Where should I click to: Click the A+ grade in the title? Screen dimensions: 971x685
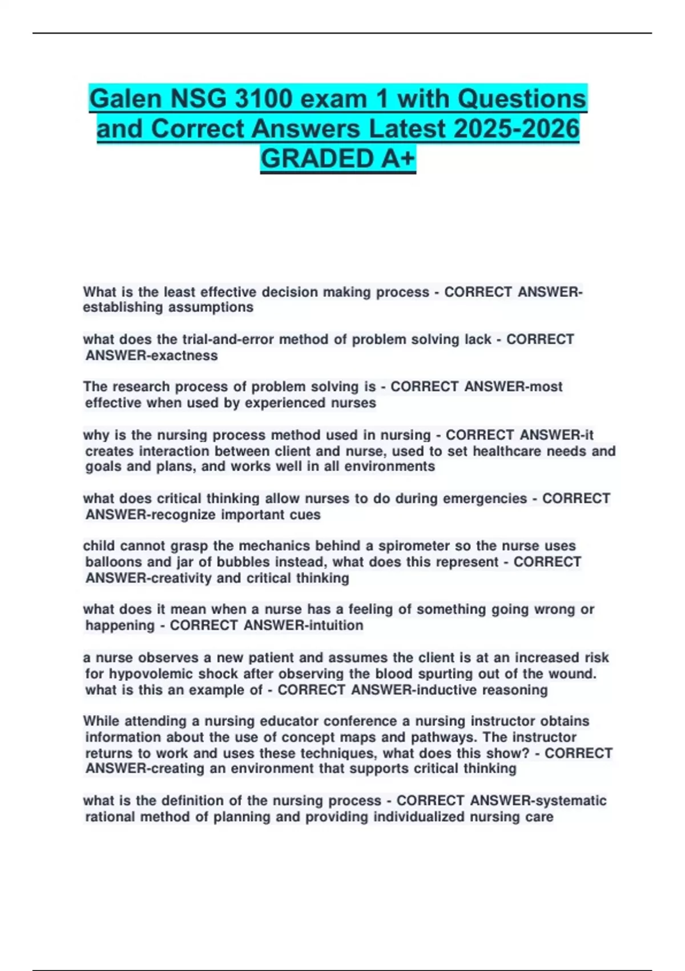click(396, 159)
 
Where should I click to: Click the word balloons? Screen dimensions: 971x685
click(113, 562)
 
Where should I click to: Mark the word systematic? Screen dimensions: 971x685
click(568, 801)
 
